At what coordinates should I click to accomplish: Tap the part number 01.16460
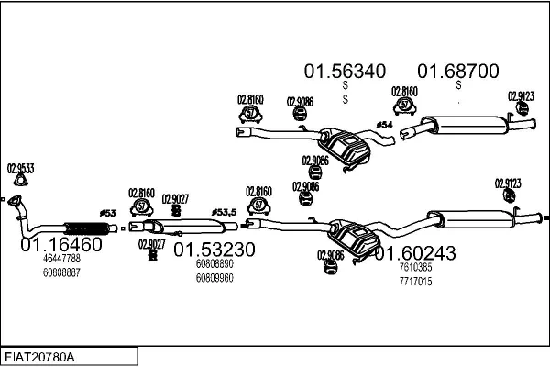[x=61, y=245]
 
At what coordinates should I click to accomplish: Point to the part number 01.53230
[x=214, y=250]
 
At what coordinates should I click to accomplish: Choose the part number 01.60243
[x=413, y=252]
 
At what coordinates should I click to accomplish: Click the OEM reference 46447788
[x=61, y=260]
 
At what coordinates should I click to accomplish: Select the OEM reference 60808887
[x=61, y=272]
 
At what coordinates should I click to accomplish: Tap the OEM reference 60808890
[x=214, y=264]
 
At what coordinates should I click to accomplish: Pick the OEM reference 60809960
[x=214, y=277]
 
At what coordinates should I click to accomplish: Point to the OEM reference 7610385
[x=414, y=267]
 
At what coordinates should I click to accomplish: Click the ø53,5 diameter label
[x=224, y=211]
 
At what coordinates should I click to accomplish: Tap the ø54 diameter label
[x=384, y=125]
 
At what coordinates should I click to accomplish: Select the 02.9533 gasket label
[x=20, y=168]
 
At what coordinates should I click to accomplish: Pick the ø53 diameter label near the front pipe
[x=108, y=213]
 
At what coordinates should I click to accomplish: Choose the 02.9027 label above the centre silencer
[x=175, y=198]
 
